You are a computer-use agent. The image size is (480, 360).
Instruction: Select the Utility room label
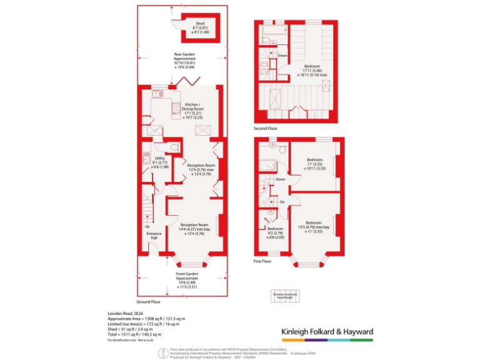(x=160, y=161)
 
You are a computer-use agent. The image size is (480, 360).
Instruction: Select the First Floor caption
(x=262, y=262)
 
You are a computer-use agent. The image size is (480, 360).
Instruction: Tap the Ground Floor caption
(x=149, y=301)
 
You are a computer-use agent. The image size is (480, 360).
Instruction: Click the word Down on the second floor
(x=282, y=56)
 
